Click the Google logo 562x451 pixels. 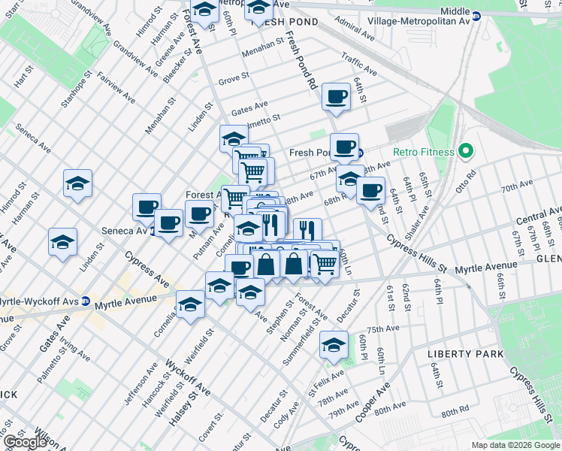[24, 442]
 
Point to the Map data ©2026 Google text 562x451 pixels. [515, 445]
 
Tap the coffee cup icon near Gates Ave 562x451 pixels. [336, 96]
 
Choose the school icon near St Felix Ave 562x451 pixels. [333, 345]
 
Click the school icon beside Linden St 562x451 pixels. [63, 241]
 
